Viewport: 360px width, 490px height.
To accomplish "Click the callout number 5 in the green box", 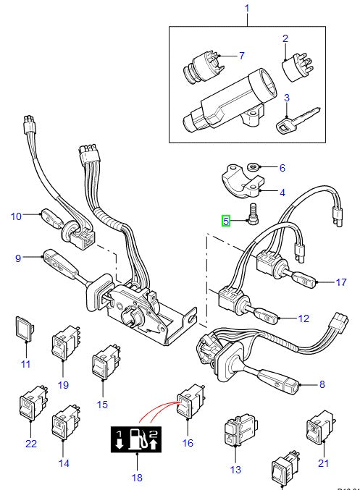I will coord(227,221).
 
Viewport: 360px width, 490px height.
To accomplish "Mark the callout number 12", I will coord(302,318).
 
